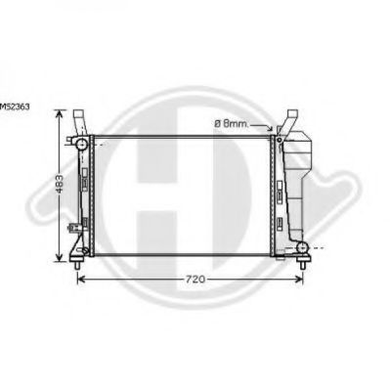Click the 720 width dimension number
195,279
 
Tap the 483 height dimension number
60,184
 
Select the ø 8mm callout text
232,123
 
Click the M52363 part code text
15,107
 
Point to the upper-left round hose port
81,144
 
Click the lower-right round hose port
303,247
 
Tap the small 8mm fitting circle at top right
280,140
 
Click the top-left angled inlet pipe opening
79,114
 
